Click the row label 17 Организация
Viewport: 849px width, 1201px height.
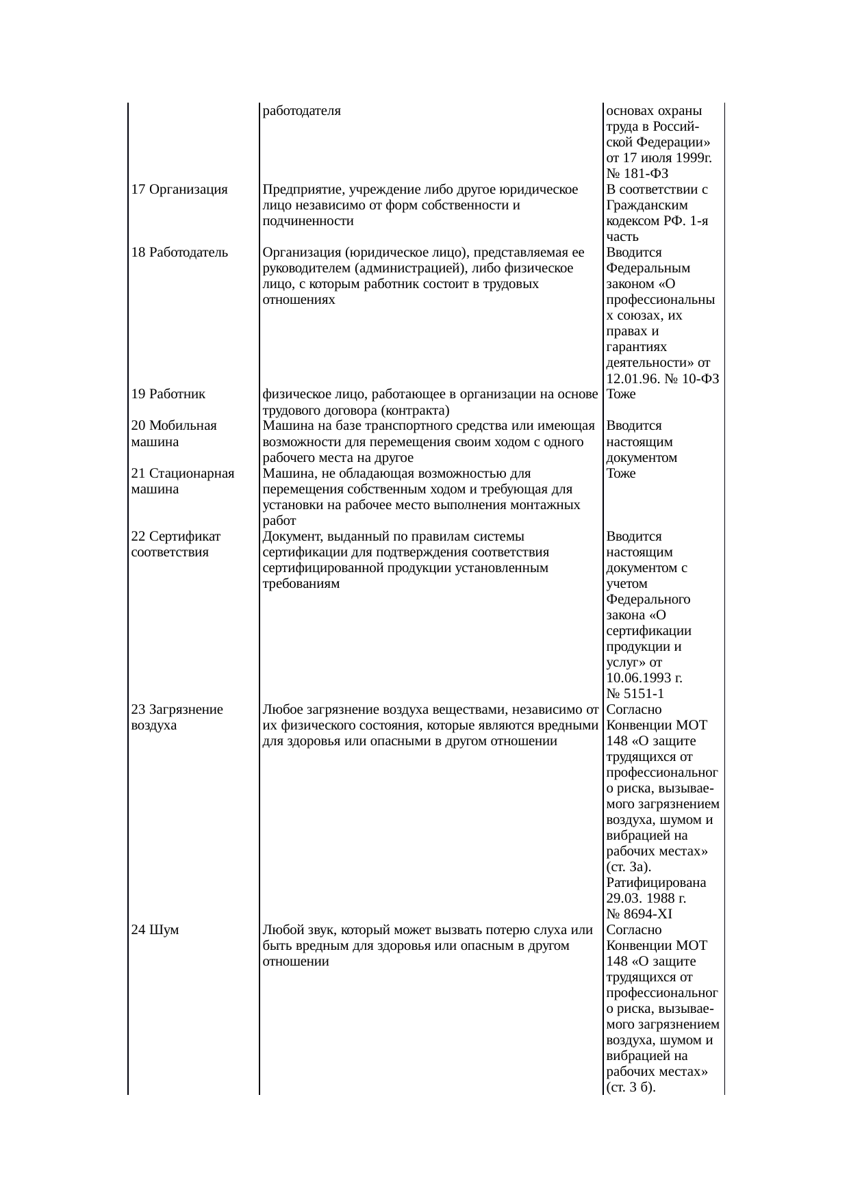pos(179,190)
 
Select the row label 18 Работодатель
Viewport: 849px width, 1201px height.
pos(179,253)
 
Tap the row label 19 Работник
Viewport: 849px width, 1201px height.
pos(168,394)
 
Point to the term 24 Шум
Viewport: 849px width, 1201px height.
pos(155,930)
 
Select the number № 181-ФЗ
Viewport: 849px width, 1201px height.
pos(637,174)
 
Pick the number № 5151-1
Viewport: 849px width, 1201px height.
pos(635,694)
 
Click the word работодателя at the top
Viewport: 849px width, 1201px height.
pos(301,110)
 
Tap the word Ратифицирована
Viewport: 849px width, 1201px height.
pos(656,883)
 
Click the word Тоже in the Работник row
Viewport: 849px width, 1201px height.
pos(620,394)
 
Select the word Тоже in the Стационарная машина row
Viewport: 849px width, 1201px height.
pos(620,474)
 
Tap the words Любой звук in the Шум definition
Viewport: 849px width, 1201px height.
pos(292,930)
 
